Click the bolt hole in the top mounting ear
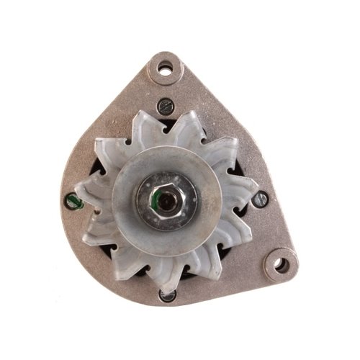pyautogui.click(x=166, y=70)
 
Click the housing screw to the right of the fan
pyautogui.click(x=261, y=199)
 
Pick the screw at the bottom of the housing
pyautogui.click(x=167, y=294)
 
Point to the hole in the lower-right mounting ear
pyautogui.click(x=282, y=265)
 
